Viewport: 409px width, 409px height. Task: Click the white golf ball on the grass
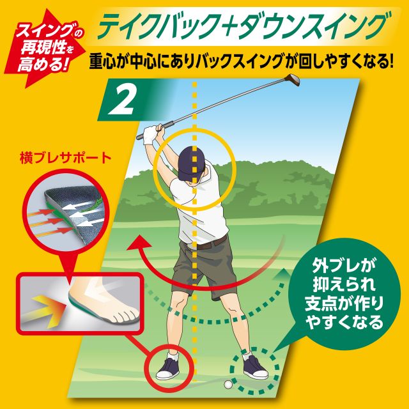[228, 384]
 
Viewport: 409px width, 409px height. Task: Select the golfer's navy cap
[191, 162]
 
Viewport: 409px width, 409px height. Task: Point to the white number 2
[121, 101]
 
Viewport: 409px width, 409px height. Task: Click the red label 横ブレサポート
[65, 158]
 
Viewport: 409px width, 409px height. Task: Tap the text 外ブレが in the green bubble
[344, 265]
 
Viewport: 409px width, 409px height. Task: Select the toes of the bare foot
[125, 316]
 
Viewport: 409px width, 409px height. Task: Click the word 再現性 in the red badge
[43, 48]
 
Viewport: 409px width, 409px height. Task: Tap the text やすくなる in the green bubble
[344, 323]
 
